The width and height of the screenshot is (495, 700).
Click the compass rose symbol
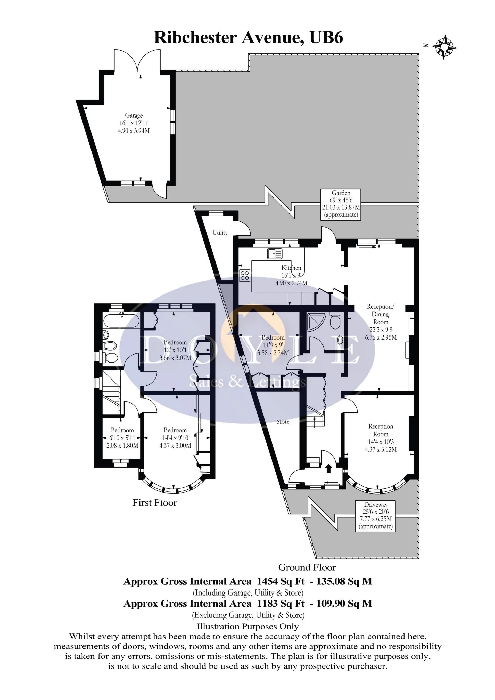[444, 47]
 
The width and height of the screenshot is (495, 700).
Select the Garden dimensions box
[341, 204]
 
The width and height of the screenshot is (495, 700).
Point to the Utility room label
[220, 233]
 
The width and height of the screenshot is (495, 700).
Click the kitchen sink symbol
[275, 253]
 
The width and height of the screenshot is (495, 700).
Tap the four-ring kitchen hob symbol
[245, 275]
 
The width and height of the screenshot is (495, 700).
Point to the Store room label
[283, 421]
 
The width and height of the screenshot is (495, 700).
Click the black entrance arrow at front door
[328, 468]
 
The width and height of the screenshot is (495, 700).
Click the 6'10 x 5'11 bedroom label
[122, 438]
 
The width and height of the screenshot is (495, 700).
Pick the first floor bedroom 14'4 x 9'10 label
[175, 438]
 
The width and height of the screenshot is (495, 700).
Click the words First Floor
[154, 503]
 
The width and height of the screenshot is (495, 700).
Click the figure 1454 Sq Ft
[280, 581]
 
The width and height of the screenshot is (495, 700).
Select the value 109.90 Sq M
[344, 603]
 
